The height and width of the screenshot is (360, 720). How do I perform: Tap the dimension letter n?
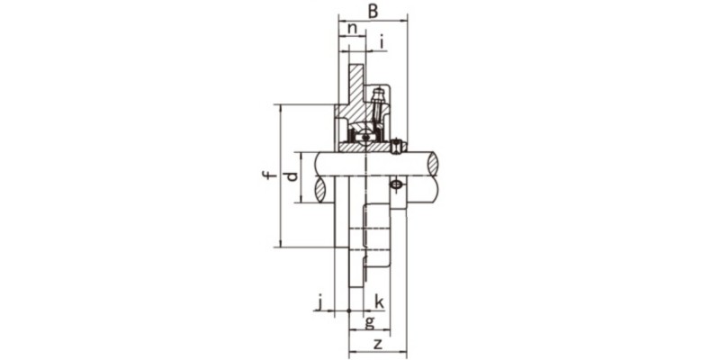tap(353, 29)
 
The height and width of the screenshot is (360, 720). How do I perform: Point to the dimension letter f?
tap(267, 175)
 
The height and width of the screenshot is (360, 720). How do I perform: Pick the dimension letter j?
tap(319, 301)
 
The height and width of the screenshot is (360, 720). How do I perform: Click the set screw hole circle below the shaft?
tap(396, 185)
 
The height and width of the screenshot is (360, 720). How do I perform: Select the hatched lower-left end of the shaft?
tap(320, 190)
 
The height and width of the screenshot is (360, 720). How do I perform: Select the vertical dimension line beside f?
tap(280, 175)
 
